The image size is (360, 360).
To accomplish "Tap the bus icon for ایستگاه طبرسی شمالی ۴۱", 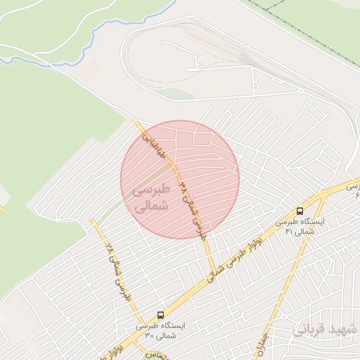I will click(x=300, y=211).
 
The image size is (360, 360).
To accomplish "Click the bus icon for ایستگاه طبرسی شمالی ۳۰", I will click(x=161, y=315).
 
